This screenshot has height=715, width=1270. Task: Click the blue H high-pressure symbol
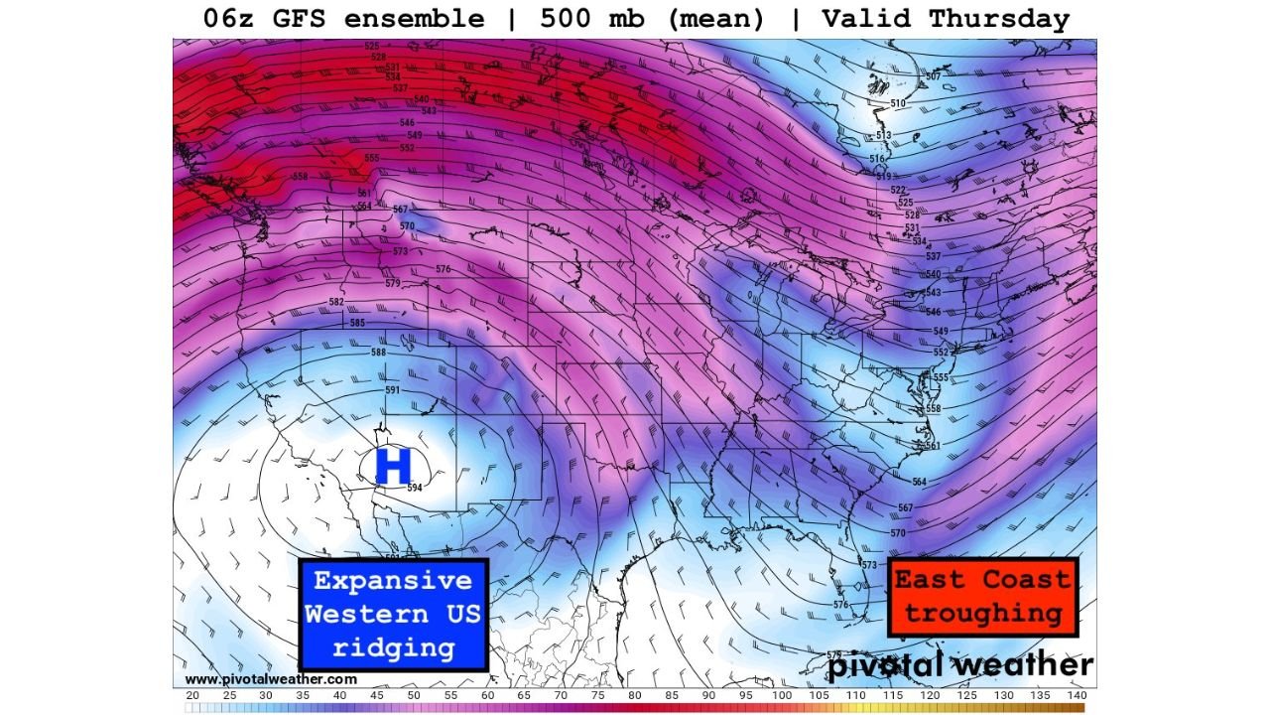[393, 466]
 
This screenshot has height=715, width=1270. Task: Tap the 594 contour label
[415, 488]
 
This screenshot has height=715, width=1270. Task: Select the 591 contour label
[392, 390]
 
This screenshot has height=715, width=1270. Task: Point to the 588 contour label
[378, 353]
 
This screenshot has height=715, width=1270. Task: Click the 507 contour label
[932, 76]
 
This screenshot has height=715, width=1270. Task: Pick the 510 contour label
[897, 103]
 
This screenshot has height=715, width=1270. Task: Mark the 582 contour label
[336, 302]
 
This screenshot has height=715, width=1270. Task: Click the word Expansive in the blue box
[393, 581]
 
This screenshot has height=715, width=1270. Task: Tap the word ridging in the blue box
[393, 648]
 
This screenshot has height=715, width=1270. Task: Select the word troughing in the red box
[982, 613]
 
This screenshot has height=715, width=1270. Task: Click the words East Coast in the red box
[982, 579]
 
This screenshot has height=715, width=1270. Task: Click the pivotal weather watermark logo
[959, 665]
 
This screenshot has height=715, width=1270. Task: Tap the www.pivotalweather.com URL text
[271, 679]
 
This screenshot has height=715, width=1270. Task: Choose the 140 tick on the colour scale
[1077, 695]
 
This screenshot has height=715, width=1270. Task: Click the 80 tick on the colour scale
[634, 695]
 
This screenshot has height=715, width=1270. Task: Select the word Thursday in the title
[995, 19]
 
